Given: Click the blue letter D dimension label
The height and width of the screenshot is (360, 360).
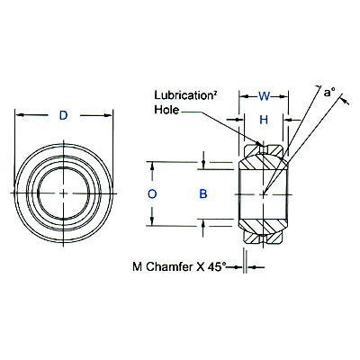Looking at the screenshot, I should [x=62, y=116].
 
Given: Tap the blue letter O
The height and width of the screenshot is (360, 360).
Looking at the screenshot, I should [x=152, y=193].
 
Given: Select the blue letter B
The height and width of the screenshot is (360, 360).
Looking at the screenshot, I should [x=203, y=193].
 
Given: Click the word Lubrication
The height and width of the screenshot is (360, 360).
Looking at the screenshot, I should [x=184, y=94].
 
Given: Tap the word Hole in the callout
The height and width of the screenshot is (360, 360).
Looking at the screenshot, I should [x=167, y=109].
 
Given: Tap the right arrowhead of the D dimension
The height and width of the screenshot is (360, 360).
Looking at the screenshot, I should [x=112, y=116].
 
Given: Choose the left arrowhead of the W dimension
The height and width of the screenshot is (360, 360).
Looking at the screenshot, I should [x=241, y=96].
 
